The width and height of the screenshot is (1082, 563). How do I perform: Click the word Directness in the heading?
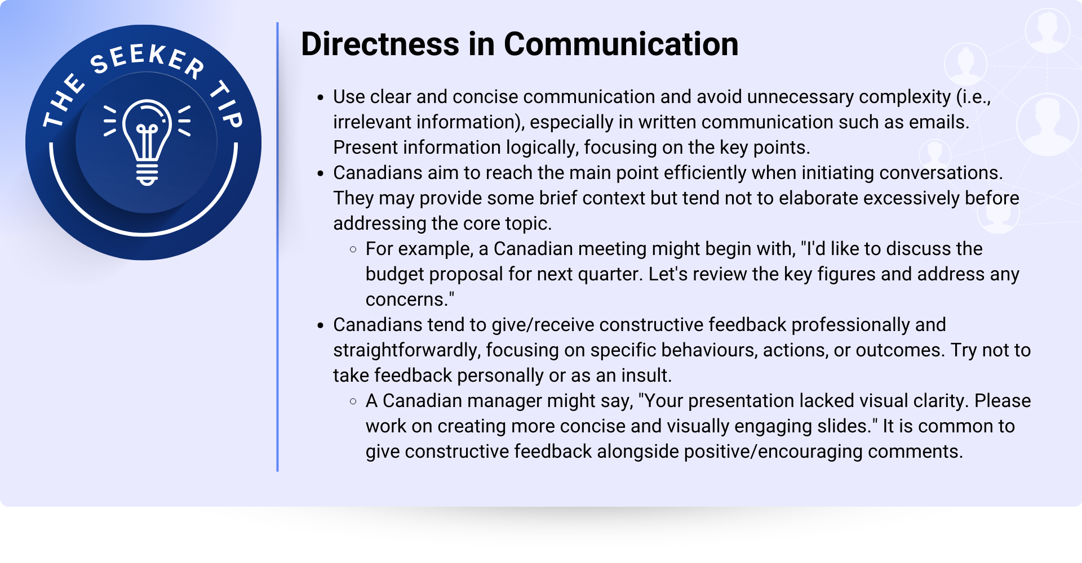(x=380, y=44)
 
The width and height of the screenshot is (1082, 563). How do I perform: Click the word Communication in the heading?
(x=621, y=44)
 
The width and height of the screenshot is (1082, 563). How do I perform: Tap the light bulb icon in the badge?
(x=147, y=142)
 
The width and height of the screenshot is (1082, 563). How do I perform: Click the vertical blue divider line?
(x=277, y=247)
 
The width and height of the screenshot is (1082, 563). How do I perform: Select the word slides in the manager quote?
(x=841, y=426)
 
